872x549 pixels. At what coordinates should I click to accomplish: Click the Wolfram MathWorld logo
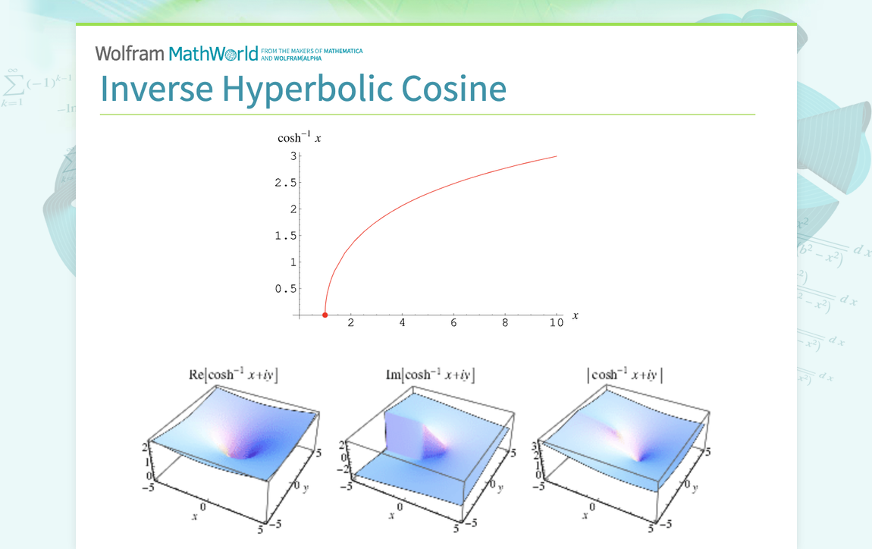(177, 53)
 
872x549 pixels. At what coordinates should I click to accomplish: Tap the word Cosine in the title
(453, 88)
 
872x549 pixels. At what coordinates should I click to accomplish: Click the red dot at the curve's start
(325, 315)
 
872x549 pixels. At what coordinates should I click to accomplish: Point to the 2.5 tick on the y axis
(287, 183)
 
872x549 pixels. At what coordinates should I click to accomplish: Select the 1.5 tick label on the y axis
(287, 236)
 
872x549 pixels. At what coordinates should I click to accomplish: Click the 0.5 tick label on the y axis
(287, 289)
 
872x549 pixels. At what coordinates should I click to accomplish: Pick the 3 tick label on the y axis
(293, 156)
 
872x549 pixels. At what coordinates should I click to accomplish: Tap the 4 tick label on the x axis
(402, 323)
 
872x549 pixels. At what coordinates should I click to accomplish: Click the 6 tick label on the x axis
(453, 323)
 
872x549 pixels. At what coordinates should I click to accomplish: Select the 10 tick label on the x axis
(556, 323)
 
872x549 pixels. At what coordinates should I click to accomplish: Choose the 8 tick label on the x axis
(505, 323)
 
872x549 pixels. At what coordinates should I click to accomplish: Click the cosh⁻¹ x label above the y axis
(300, 138)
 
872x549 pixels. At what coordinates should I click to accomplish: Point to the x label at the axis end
(576, 315)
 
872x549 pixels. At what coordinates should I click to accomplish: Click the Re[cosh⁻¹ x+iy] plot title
(233, 375)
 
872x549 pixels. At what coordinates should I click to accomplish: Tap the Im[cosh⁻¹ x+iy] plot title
(430, 375)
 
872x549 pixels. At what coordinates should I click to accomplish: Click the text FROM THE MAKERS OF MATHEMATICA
(311, 51)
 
